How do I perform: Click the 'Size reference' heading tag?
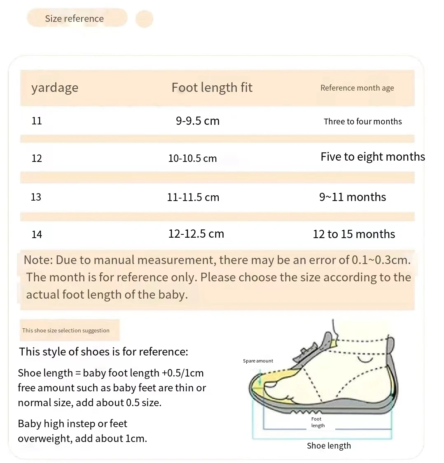click(x=75, y=19)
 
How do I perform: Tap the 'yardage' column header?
click(x=55, y=88)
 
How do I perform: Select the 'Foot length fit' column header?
click(x=212, y=87)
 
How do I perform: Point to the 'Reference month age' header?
click(x=357, y=88)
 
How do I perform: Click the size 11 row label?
click(x=37, y=121)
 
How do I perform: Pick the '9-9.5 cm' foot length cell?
click(x=198, y=121)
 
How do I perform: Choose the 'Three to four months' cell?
click(x=362, y=122)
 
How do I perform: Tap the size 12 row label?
click(x=37, y=159)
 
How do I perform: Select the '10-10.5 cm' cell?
click(x=192, y=159)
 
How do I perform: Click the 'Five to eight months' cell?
click(x=372, y=157)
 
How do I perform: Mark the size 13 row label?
click(x=36, y=197)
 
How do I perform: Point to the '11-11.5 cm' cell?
click(x=193, y=197)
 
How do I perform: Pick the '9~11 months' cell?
click(x=353, y=197)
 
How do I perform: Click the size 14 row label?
click(x=37, y=234)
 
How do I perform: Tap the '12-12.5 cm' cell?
click(x=196, y=234)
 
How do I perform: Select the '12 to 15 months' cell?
click(x=354, y=234)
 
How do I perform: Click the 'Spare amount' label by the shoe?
click(x=258, y=361)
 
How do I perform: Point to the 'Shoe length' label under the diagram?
click(x=329, y=446)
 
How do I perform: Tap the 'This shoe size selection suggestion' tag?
click(x=66, y=330)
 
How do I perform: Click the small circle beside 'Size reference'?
click(x=144, y=19)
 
